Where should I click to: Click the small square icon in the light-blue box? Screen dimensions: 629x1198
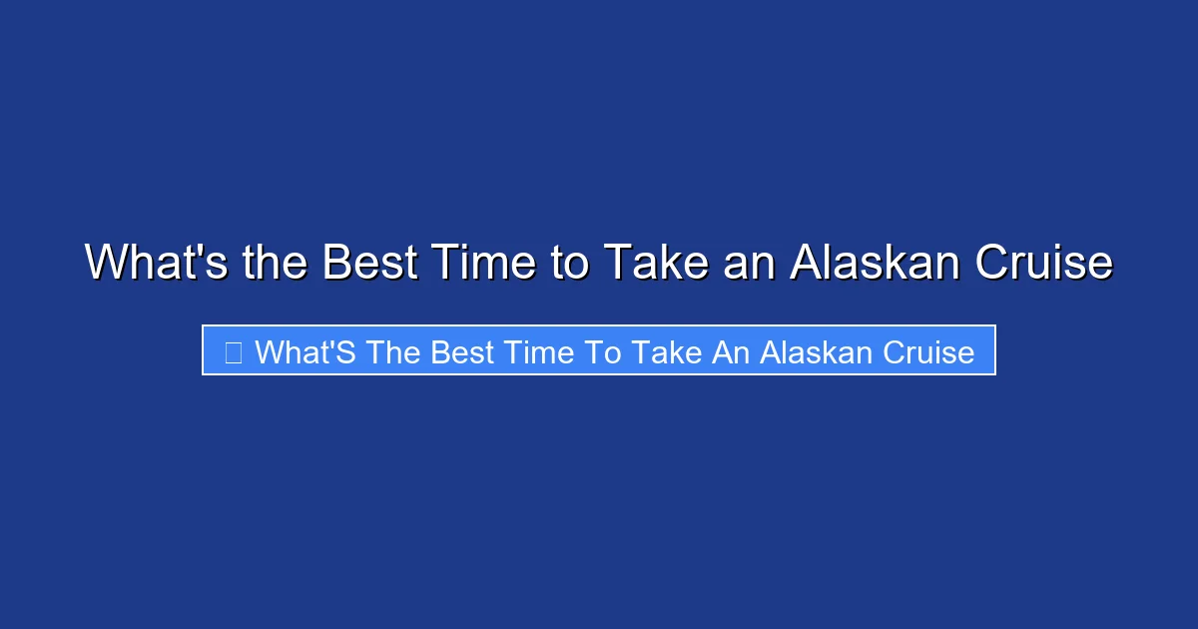point(233,351)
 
